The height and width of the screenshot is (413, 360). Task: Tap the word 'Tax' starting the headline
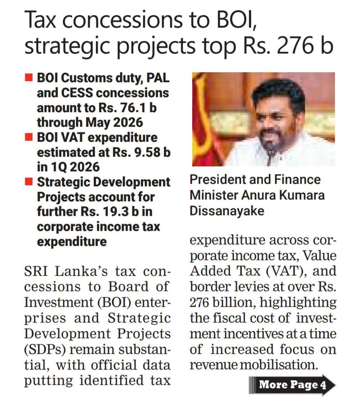[40, 20]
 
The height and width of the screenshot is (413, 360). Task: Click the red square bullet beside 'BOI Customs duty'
[29, 78]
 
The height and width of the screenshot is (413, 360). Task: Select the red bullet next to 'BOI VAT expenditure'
[29, 137]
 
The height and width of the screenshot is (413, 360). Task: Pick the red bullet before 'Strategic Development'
[29, 182]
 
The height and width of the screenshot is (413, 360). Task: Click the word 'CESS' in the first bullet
[77, 93]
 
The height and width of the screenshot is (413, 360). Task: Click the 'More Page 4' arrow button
[292, 385]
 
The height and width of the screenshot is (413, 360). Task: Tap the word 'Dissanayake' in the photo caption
[227, 211]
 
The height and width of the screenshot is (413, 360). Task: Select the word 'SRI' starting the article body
[36, 271]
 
